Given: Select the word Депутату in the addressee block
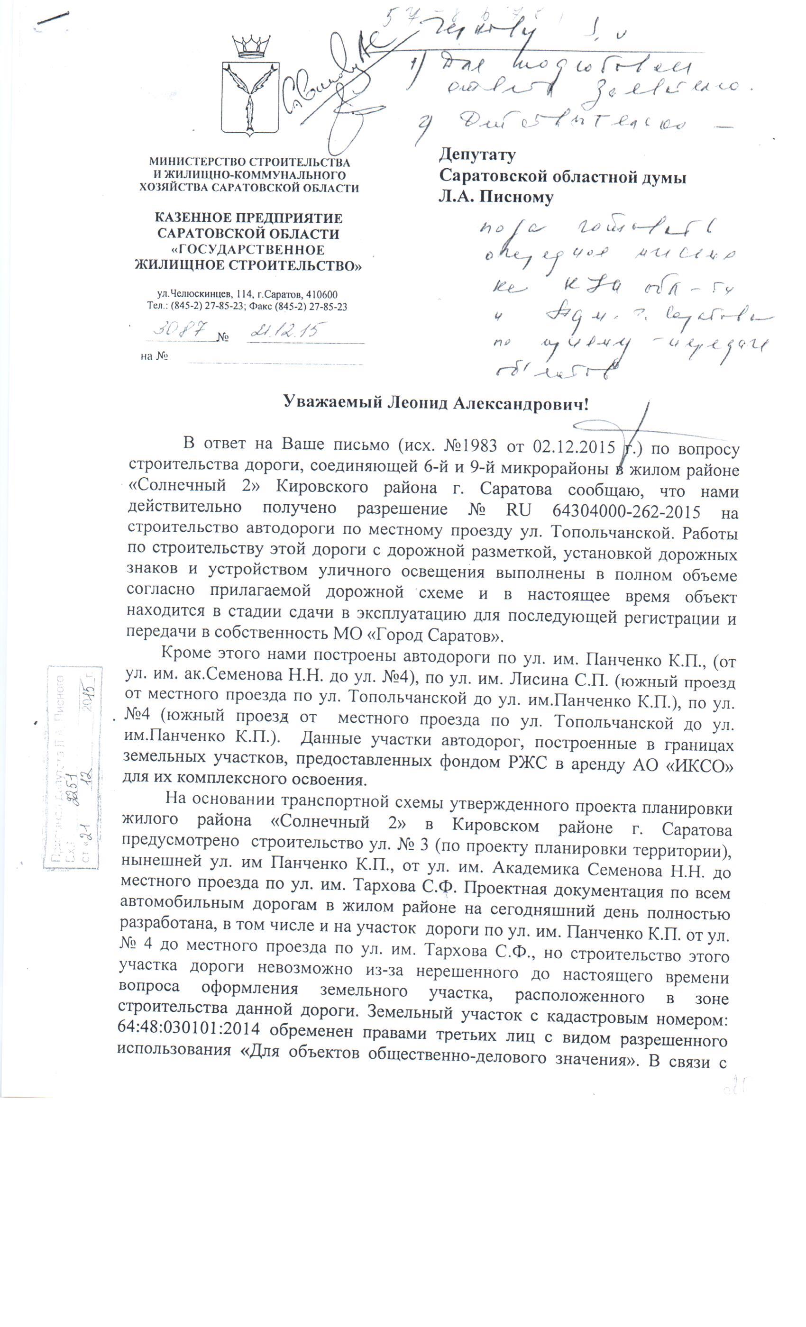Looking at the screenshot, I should tap(477, 155).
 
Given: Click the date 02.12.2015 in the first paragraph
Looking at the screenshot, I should tap(574, 447).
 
